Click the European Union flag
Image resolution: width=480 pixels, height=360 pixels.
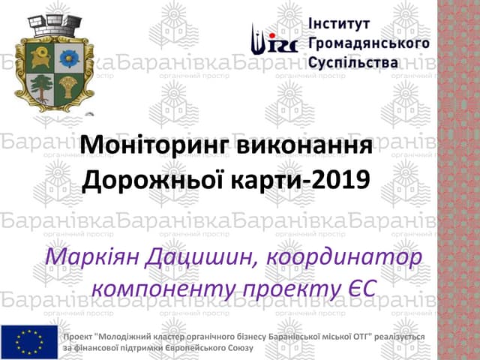coord(29,342)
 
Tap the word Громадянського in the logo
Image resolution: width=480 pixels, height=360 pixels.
coord(368,43)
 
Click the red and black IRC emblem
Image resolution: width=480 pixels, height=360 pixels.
coord(274,42)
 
